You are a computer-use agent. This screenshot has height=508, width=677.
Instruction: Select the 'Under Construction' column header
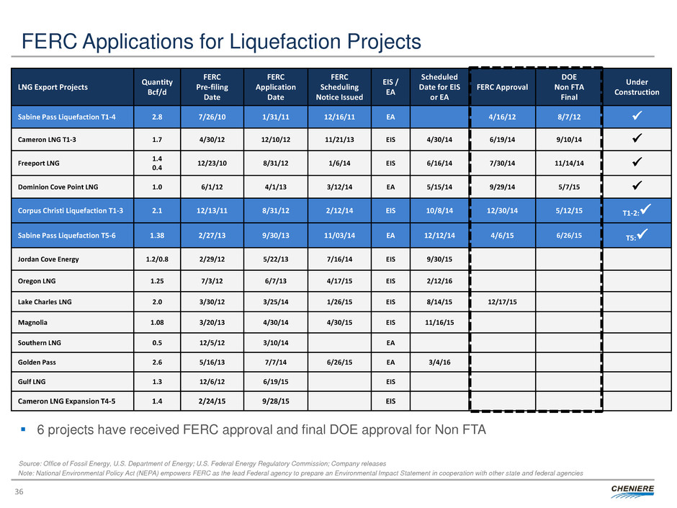(x=637, y=87)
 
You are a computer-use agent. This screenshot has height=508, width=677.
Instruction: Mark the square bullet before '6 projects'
(x=24, y=430)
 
